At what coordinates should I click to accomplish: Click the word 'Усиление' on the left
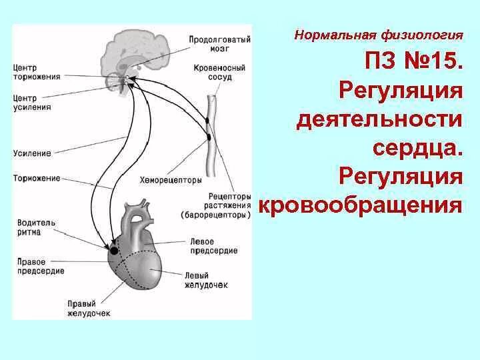(x=32, y=153)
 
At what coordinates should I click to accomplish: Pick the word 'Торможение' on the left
(x=37, y=178)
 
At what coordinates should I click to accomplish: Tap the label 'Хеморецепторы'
(x=171, y=180)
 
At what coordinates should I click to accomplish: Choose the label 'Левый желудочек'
(x=207, y=280)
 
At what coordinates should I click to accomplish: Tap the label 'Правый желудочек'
(x=89, y=308)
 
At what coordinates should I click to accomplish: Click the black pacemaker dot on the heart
(x=113, y=251)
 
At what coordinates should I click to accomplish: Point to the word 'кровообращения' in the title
(x=360, y=205)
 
